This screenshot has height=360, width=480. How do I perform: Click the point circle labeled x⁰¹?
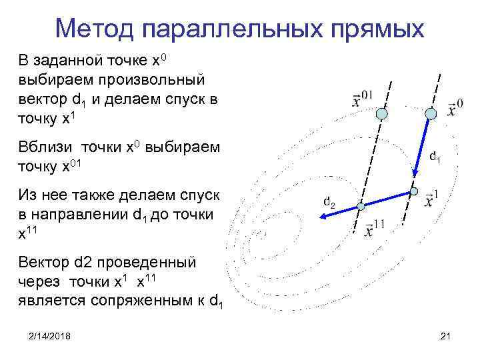381,115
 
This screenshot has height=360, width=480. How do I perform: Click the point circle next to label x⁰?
431,114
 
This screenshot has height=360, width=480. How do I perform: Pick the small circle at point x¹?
414,192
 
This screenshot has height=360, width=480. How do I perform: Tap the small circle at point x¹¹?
360,207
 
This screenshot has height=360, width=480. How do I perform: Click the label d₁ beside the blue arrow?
434,158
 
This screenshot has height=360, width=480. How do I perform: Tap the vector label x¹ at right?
431,198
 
